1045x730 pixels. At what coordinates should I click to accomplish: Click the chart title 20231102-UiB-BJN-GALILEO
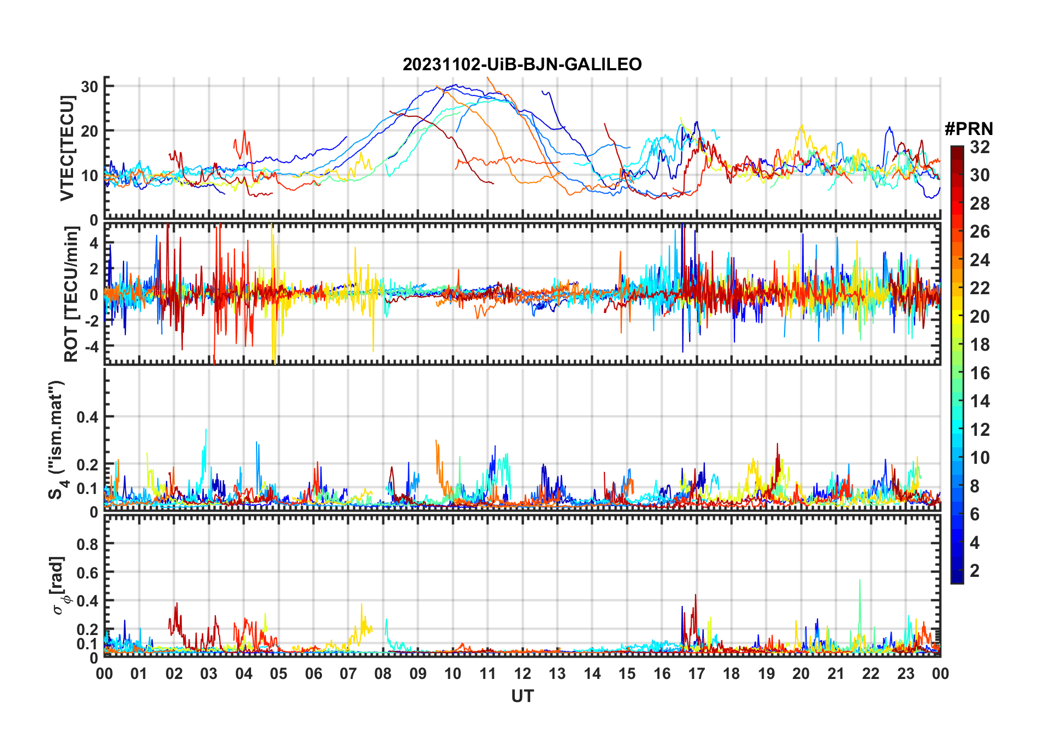point(522,64)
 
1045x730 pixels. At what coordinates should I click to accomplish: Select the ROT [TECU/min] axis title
point(71,294)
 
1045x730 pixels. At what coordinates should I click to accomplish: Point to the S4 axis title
point(56,439)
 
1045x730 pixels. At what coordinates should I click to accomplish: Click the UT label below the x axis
point(522,697)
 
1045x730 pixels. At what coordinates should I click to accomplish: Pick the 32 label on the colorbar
point(980,147)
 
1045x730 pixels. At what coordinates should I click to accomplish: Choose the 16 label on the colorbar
point(980,373)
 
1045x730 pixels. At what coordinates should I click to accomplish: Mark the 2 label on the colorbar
point(975,571)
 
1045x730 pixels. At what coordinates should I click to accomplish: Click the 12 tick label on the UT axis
point(522,674)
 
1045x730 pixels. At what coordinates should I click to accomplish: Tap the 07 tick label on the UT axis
point(348,674)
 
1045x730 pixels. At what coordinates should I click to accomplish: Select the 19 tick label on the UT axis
point(766,674)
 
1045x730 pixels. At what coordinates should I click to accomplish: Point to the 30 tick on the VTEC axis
point(90,86)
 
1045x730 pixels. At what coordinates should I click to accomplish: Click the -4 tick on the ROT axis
point(91,346)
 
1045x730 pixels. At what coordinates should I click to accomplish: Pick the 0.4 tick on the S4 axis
point(87,417)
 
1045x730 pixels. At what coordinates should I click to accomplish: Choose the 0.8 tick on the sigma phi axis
point(87,544)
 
